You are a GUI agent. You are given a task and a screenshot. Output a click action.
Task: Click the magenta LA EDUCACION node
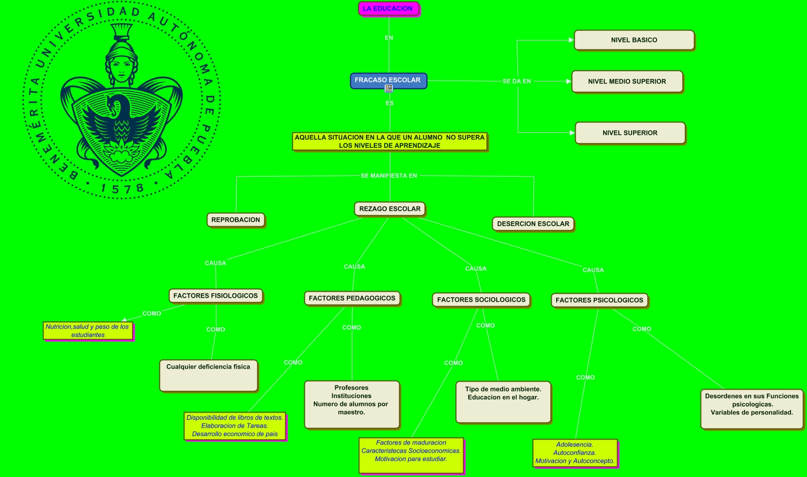click(x=388, y=8)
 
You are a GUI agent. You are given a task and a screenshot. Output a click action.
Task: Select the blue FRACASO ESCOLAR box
click(x=388, y=80)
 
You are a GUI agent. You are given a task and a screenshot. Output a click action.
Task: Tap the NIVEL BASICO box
click(x=634, y=40)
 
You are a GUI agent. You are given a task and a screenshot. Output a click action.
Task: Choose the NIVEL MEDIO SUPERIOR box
click(x=627, y=81)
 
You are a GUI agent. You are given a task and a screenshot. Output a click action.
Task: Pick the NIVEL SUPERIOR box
click(x=630, y=133)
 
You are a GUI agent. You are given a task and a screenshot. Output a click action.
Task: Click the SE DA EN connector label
click(x=517, y=81)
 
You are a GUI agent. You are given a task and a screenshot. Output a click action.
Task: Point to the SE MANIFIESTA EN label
click(x=389, y=176)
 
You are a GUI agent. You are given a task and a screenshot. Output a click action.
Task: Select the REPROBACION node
click(x=235, y=220)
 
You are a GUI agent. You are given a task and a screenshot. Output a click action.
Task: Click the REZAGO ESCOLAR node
click(x=390, y=209)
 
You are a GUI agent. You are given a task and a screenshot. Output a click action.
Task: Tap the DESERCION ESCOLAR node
click(x=533, y=224)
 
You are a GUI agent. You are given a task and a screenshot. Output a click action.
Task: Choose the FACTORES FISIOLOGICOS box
click(x=215, y=296)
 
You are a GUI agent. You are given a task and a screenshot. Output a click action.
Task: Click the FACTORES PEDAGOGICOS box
click(x=352, y=298)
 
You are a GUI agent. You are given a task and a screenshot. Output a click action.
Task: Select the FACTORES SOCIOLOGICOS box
click(x=481, y=300)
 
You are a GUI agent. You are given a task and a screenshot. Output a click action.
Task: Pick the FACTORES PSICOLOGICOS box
click(x=599, y=300)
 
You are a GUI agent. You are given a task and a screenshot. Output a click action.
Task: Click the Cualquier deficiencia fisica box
click(x=208, y=375)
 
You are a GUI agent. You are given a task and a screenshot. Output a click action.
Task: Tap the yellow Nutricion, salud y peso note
click(x=87, y=331)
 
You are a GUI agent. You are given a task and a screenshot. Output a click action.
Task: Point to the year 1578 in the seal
click(x=122, y=189)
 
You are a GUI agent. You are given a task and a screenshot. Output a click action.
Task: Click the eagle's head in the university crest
click(x=118, y=105)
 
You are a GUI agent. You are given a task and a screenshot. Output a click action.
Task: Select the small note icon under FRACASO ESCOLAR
click(x=389, y=88)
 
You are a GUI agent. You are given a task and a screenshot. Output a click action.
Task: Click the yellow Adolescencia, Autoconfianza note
click(x=575, y=453)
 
